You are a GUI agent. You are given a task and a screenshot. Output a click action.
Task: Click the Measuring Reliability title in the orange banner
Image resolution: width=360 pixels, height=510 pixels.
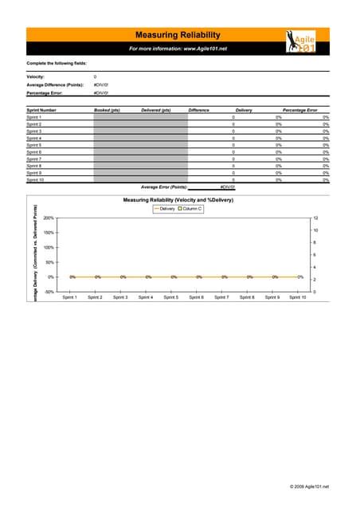coord(178,34)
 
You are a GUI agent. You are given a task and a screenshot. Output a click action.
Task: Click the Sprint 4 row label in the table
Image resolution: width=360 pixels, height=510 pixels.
coord(34,139)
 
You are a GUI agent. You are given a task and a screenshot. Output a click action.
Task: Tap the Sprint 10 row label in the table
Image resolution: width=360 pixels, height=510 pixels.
coord(35,180)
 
